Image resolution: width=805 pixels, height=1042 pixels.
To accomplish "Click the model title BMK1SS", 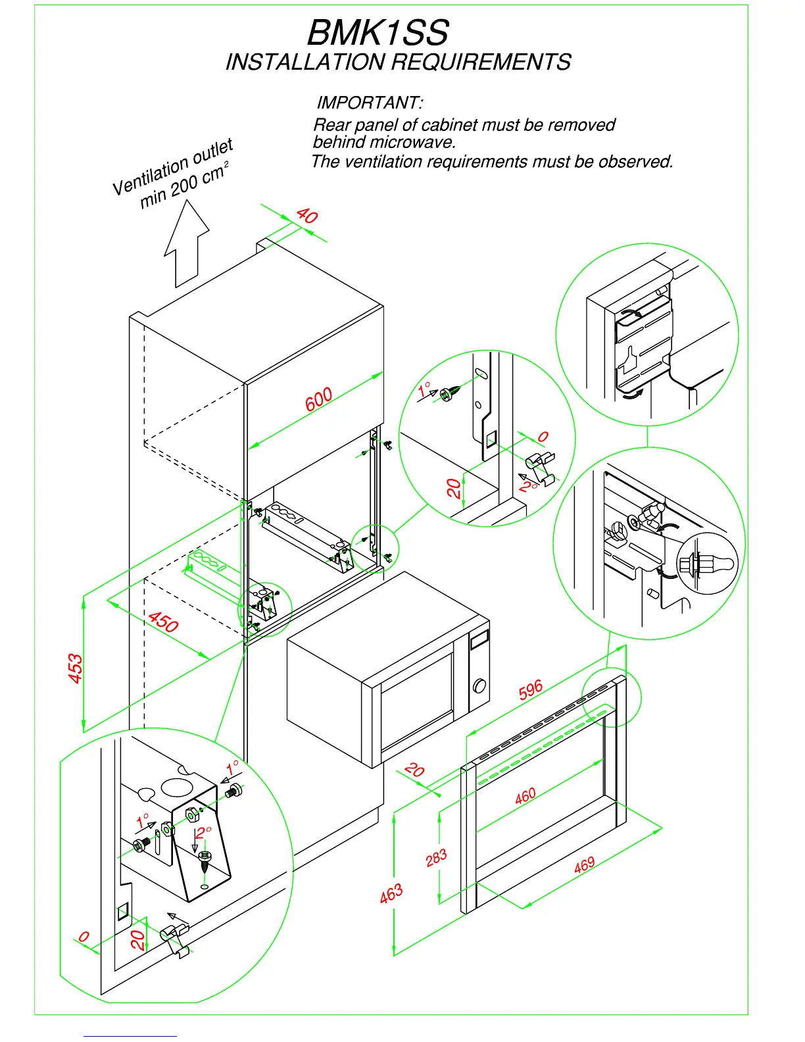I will point(378,33).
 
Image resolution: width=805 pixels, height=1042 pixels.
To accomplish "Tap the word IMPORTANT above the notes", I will point(369,103).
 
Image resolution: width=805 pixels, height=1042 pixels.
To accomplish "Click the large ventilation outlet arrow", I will point(187,243).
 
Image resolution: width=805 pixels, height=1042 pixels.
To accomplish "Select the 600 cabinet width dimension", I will point(318,399).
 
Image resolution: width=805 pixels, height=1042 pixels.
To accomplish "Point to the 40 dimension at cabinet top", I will point(307,215).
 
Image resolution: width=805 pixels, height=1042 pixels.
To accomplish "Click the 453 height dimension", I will point(76,668).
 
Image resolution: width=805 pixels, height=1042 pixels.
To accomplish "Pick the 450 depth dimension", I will point(163,622).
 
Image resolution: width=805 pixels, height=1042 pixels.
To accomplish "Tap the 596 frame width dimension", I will point(531,689).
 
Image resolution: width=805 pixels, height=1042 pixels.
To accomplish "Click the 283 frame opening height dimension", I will point(436,858).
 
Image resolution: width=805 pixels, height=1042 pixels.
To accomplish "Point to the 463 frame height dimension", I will point(391,894).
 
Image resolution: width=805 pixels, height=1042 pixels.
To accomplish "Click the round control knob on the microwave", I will point(479,686).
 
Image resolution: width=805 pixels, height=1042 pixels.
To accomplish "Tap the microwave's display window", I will point(479,638).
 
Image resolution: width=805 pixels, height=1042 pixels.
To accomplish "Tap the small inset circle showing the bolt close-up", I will point(708,564).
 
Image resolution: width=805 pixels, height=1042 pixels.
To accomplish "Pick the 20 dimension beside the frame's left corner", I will point(414,770).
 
